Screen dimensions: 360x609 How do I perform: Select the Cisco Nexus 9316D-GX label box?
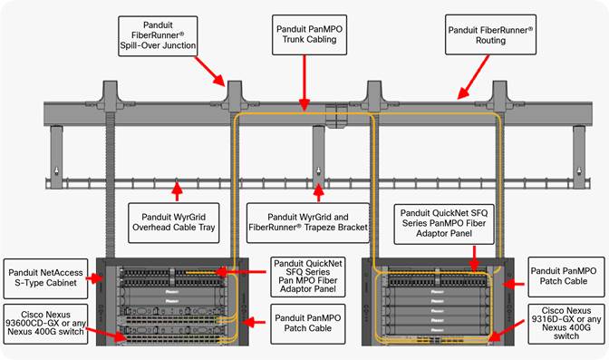point(563,325)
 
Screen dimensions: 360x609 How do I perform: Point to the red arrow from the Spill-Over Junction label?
point(212,72)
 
